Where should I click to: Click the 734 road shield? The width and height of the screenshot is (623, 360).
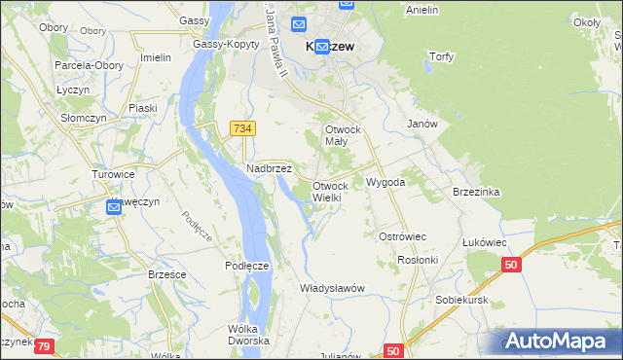(x=243, y=128)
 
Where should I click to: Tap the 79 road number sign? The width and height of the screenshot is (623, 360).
(x=46, y=344)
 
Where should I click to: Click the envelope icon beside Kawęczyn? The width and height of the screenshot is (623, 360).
(x=112, y=206)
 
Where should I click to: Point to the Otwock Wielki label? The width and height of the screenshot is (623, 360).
(x=327, y=192)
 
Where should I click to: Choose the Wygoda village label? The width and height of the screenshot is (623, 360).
(x=385, y=182)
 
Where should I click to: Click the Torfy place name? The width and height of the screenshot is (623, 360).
(x=442, y=56)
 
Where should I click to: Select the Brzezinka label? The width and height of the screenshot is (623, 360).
(x=476, y=192)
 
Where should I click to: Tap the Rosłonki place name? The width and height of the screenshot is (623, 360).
(x=419, y=260)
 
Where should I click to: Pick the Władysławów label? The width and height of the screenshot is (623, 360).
(x=332, y=288)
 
